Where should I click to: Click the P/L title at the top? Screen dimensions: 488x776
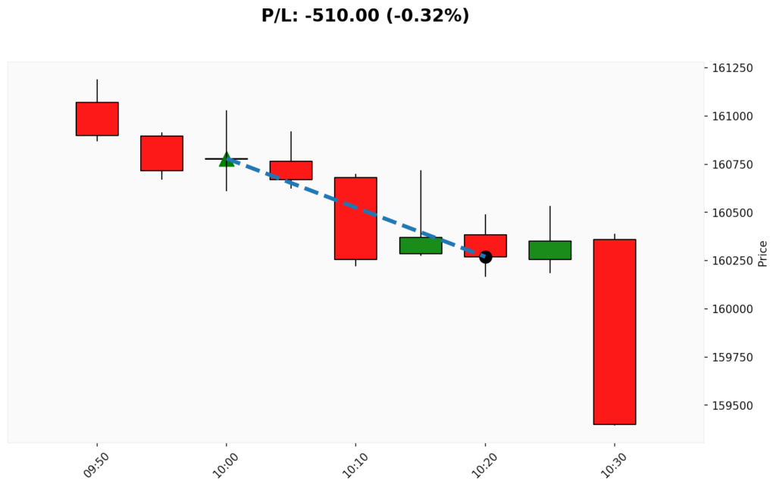[x=365, y=15]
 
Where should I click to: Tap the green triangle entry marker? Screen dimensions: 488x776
[x=227, y=159]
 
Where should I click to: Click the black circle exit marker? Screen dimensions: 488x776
[x=485, y=257]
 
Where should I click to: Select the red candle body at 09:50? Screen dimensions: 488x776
[x=97, y=119]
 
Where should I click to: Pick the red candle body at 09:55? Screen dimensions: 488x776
[x=162, y=153]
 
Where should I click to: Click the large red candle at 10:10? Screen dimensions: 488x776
[x=355, y=218]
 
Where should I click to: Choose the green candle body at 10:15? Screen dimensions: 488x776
[x=421, y=245]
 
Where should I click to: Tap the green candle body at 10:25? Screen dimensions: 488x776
[x=549, y=250]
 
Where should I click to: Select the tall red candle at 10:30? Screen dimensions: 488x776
[x=614, y=332]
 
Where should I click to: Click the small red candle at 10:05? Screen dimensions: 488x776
[x=291, y=170]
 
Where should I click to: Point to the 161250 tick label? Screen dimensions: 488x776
[x=732, y=68]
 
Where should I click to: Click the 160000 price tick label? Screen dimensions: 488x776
[x=732, y=309]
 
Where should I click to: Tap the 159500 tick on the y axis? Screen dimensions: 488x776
[x=732, y=405]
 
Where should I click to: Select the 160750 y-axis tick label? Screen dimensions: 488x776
[x=732, y=164]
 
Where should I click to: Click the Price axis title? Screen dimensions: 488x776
[x=762, y=253]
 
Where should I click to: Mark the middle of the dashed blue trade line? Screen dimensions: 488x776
[x=356, y=208]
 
